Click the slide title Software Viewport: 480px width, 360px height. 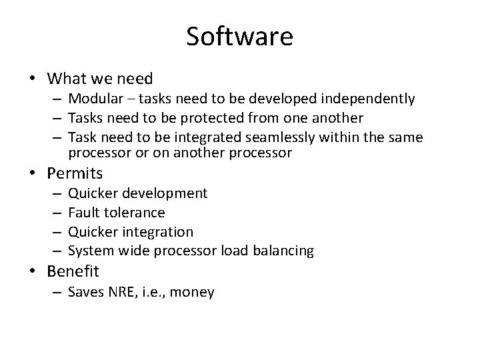[x=239, y=37]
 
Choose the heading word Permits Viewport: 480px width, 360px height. [x=75, y=174]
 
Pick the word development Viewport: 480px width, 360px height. [x=166, y=193]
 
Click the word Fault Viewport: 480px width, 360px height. [x=83, y=213]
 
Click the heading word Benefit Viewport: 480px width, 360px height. [x=73, y=272]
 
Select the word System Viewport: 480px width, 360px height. [x=89, y=251]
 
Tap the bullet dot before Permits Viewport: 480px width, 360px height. [x=33, y=175]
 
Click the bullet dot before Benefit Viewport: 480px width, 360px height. [x=33, y=272]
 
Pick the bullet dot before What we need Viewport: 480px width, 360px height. [x=33, y=78]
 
